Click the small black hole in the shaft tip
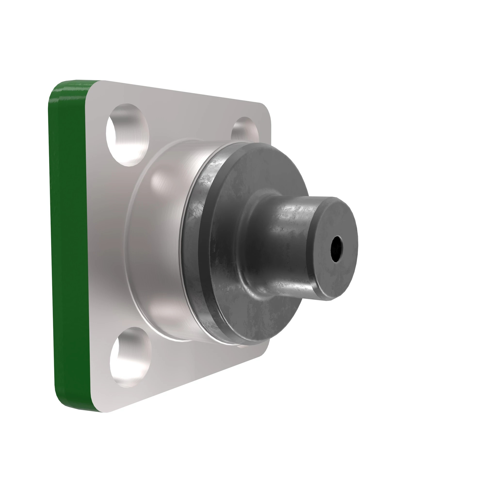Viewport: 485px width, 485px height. [x=337, y=249]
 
